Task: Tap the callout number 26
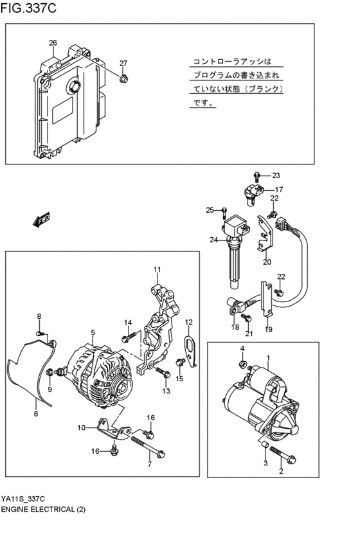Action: pos(53,44)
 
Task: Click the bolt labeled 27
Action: pos(123,78)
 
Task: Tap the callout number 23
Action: pos(276,175)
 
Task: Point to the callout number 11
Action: pos(156,269)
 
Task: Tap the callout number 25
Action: pos(209,210)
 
